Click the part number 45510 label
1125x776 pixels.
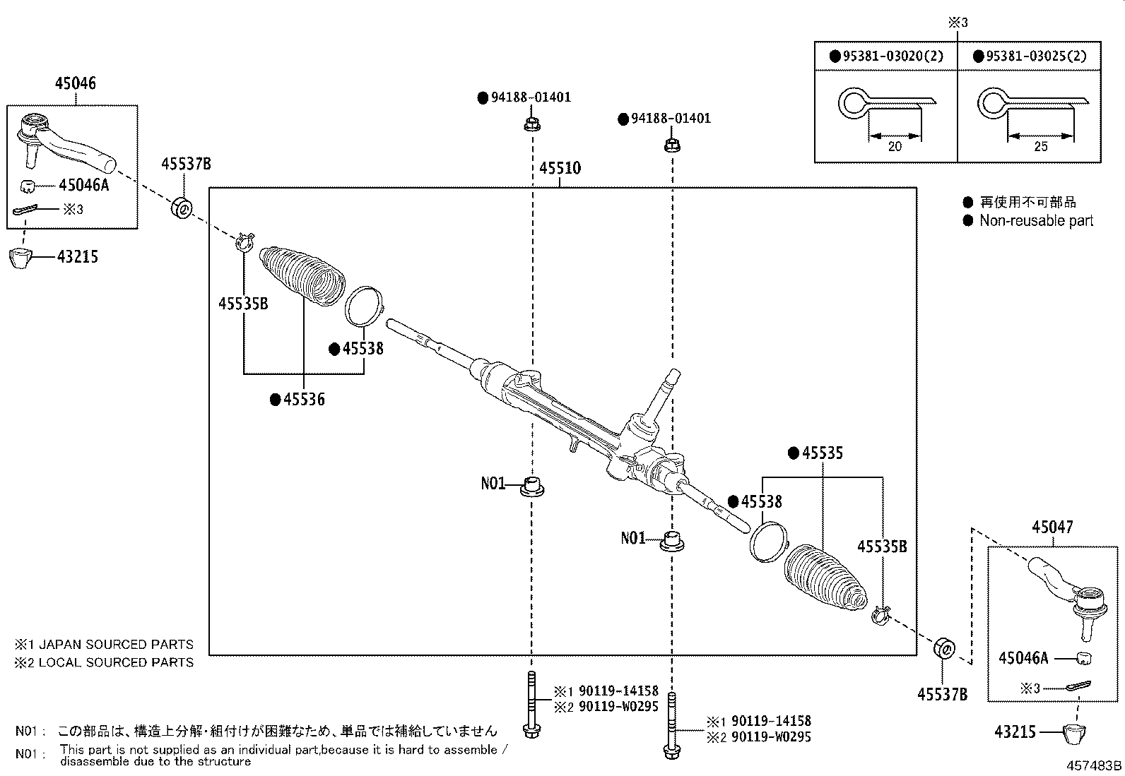pos(560,168)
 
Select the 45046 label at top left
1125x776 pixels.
pos(76,83)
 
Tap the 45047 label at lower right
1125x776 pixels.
pos(1052,527)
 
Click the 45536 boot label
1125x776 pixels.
pos(304,400)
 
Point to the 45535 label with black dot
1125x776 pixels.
pos(823,453)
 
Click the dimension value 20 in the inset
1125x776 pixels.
pos(895,146)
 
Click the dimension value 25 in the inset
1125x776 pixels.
pos(1040,146)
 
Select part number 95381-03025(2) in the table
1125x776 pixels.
pos(1035,56)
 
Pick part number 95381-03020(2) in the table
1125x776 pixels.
pos(893,56)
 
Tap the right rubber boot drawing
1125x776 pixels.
pos(825,575)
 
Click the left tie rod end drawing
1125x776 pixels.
pos(64,141)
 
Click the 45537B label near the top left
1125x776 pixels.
pos(186,164)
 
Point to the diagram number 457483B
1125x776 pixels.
pos(1095,765)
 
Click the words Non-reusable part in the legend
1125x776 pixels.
pos(1036,220)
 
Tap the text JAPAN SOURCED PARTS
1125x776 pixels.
pos(116,644)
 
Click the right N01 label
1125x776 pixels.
pos(633,538)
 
